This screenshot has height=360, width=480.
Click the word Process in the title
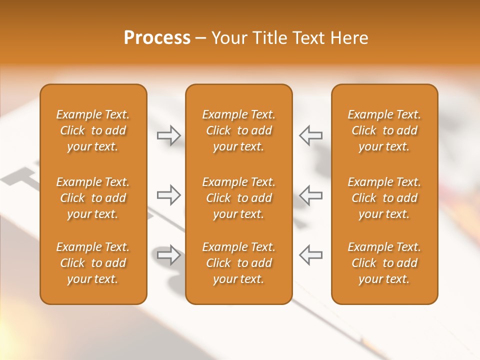click(157, 38)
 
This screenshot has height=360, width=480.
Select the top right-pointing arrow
click(169, 135)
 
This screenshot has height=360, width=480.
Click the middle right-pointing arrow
click(169, 195)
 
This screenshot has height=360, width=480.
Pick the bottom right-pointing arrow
click(169, 255)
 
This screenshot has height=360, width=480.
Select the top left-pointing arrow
click(311, 135)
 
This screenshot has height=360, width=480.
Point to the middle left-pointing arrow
click(311, 195)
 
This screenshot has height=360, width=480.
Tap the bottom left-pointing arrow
click(311, 255)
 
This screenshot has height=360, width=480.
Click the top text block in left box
click(93, 130)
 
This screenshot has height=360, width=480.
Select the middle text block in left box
click(93, 198)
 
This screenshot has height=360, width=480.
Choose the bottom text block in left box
click(93, 263)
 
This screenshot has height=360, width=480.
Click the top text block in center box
click(239, 130)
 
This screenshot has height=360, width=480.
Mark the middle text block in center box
click(239, 198)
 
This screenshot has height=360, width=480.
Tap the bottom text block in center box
click(239, 263)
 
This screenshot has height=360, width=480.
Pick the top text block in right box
click(384, 130)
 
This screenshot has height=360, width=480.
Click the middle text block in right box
click(384, 198)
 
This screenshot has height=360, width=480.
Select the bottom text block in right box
click(384, 263)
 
